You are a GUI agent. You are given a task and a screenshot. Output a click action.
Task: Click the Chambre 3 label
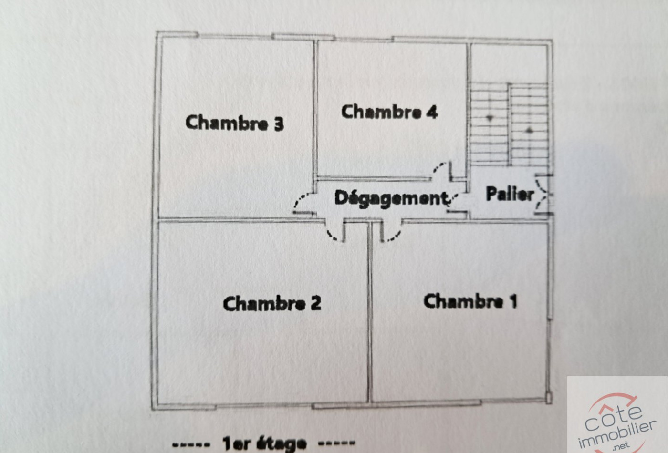(234, 123)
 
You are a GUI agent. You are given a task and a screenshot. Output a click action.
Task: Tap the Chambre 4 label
(389, 112)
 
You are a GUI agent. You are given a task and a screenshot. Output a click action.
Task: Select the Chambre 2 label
(271, 303)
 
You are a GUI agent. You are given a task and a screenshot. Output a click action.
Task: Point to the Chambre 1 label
(470, 301)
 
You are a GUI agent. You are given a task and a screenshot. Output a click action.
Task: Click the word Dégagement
(390, 197)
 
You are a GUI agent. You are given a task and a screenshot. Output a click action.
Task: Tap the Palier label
(509, 194)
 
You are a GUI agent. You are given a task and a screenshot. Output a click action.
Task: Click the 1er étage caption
(264, 443)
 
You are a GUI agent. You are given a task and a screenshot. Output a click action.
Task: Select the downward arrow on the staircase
(489, 117)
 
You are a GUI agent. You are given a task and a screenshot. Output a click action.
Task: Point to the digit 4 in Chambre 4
(432, 112)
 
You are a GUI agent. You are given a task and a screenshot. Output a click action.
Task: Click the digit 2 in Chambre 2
(315, 303)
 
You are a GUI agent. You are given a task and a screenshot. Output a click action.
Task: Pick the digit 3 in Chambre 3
(278, 124)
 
